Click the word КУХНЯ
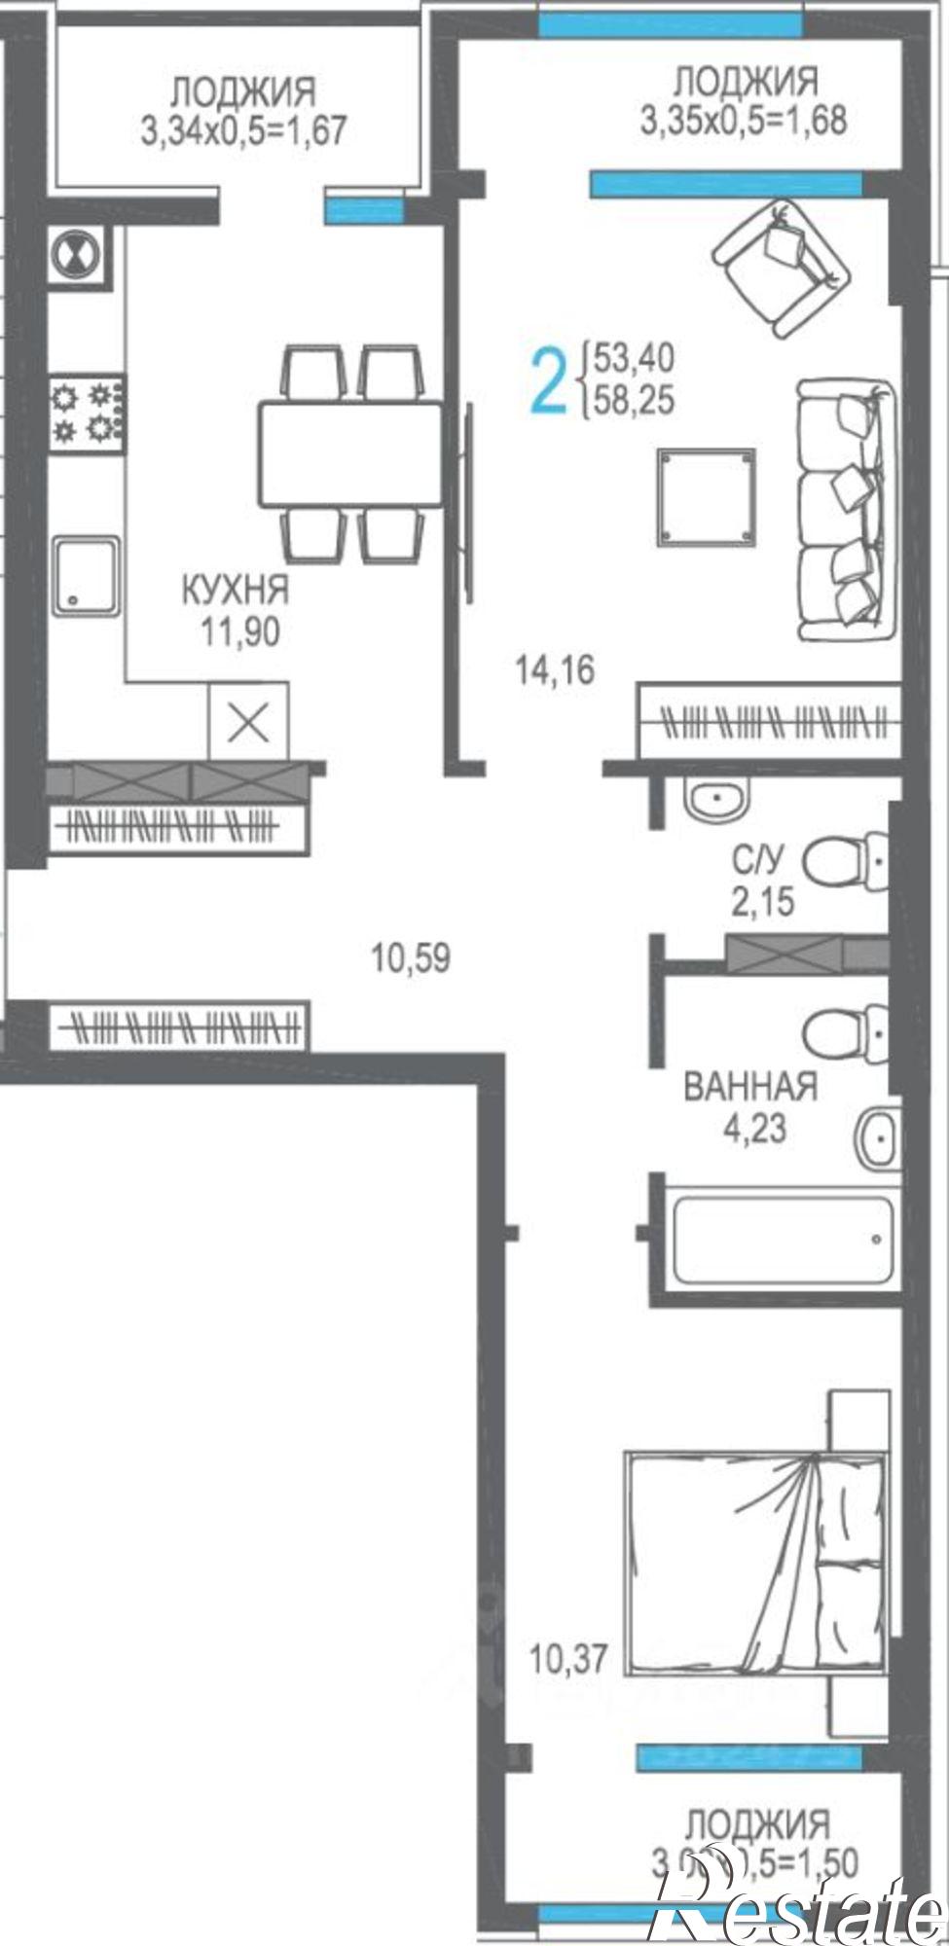[x=236, y=590]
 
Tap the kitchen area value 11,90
[x=240, y=633]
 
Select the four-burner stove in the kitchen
[x=87, y=414]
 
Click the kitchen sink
[x=87, y=576]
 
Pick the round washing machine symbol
[x=77, y=257]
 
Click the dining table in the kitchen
[x=350, y=453]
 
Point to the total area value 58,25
[x=634, y=401]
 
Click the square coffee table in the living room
[x=707, y=497]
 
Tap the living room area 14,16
[x=555, y=670]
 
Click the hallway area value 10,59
[x=410, y=958]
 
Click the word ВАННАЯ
[x=749, y=1086]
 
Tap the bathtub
[x=782, y=1239]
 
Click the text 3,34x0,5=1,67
[x=243, y=130]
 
